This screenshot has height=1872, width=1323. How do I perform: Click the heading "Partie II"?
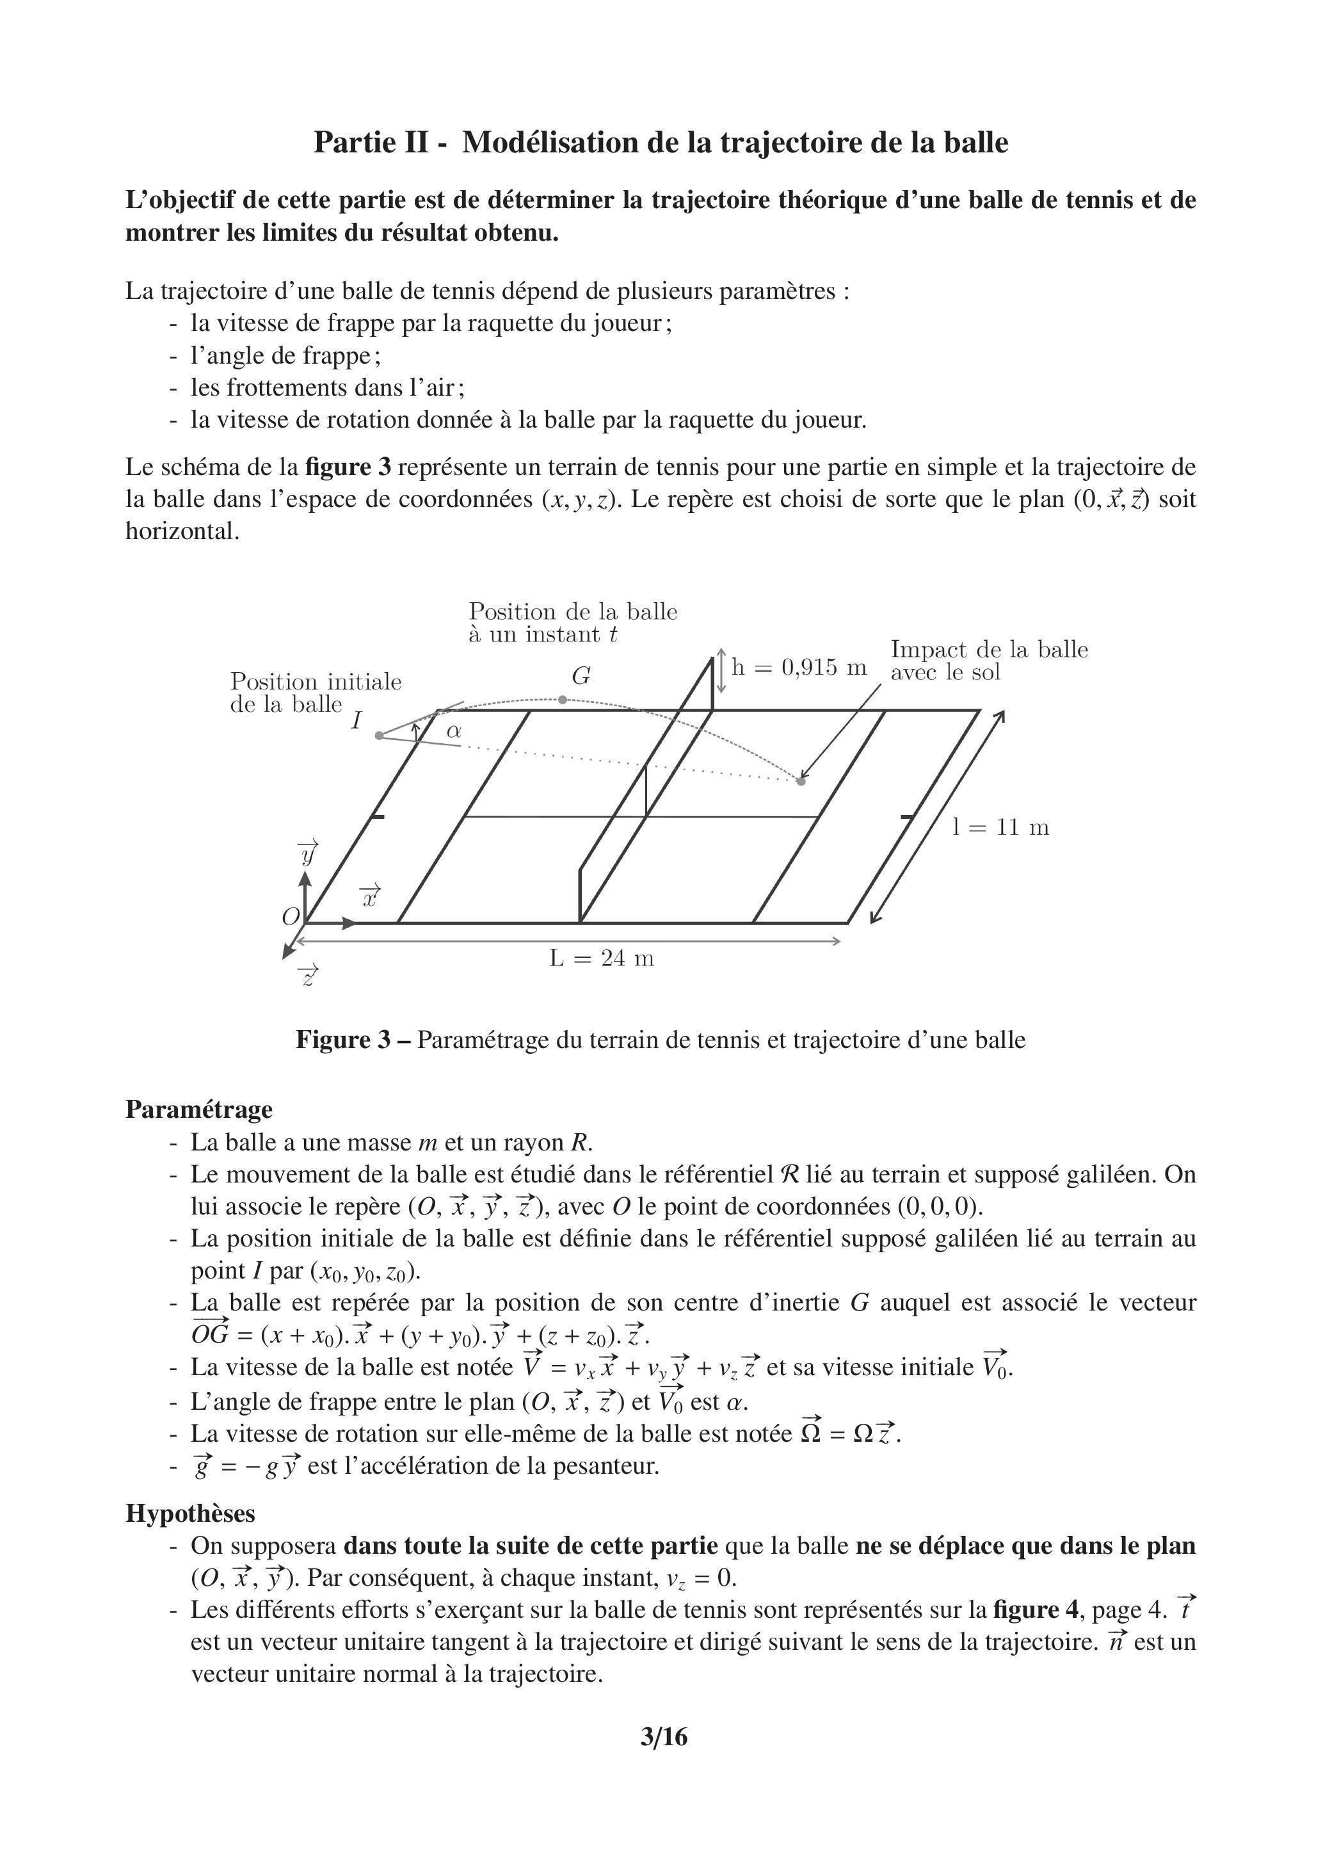click(372, 143)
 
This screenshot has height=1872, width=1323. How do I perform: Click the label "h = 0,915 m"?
click(799, 668)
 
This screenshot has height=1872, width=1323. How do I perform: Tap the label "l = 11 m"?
click(1000, 828)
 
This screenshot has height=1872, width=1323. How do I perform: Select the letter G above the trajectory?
click(581, 676)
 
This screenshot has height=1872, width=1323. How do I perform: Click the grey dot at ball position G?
click(563, 700)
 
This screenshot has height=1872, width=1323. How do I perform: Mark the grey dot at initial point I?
click(379, 736)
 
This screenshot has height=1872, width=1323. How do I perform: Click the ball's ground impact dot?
click(801, 781)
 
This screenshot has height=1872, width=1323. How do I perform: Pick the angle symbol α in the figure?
click(454, 731)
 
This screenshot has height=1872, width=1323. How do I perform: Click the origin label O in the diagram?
click(290, 917)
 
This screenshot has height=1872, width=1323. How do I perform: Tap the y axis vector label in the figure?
click(308, 853)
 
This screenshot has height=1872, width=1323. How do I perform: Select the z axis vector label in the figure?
click(308, 975)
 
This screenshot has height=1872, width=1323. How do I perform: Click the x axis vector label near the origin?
click(370, 896)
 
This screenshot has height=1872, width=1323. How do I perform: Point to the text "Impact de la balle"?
click(989, 650)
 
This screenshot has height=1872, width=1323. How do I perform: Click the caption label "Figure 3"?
click(343, 1040)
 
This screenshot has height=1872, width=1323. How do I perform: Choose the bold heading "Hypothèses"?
click(190, 1513)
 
